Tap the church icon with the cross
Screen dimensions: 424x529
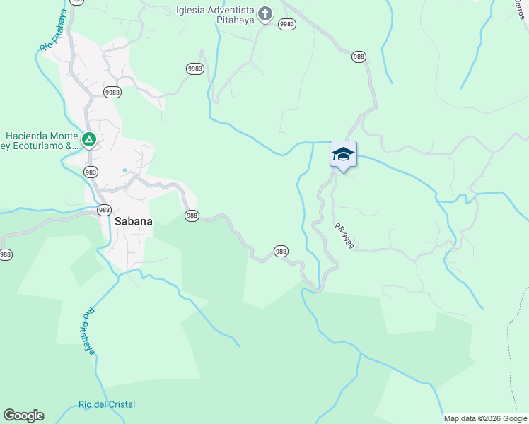pyautogui.click(x=265, y=14)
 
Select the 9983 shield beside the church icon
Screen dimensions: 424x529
pyautogui.click(x=286, y=24)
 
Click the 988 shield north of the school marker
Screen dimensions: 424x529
pyautogui.click(x=359, y=57)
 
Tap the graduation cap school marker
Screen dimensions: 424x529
pyautogui.click(x=343, y=155)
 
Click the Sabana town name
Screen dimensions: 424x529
pyautogui.click(x=133, y=221)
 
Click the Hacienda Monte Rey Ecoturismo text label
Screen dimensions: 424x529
pyautogui.click(x=39, y=141)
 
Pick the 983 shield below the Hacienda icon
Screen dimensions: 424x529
pyautogui.click(x=91, y=172)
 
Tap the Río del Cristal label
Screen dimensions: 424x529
pyautogui.click(x=107, y=404)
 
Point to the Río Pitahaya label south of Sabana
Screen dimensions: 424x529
pyautogui.click(x=88, y=330)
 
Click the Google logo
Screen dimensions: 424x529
pyautogui.click(x=23, y=416)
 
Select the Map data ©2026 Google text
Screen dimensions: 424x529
pyautogui.click(x=485, y=418)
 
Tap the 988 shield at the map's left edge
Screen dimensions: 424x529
pyautogui.click(x=5, y=254)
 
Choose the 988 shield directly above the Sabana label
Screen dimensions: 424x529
pyautogui.click(x=104, y=210)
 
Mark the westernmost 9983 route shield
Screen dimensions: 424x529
pyautogui.click(x=112, y=93)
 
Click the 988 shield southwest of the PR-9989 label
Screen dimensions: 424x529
pyautogui.click(x=281, y=251)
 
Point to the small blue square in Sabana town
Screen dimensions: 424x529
pyautogui.click(x=124, y=170)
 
